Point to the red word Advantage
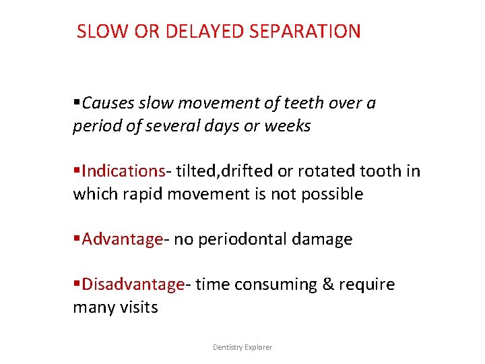[122, 239]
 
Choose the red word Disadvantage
[133, 284]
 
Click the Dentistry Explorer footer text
[243, 347]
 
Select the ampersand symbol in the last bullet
[328, 284]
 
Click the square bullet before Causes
[76, 103]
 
